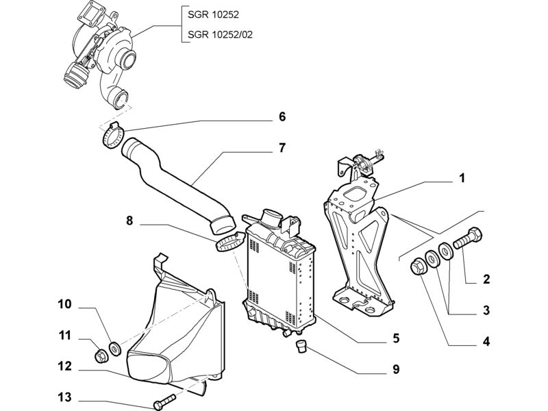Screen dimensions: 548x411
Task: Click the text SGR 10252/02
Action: coord(220,35)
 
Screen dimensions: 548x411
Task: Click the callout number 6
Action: coord(282,116)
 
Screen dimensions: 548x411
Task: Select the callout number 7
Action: coord(282,148)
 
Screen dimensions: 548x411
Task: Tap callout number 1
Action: coord(462,178)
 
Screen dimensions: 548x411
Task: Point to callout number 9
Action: coord(396,369)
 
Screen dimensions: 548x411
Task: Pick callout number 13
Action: coord(64,397)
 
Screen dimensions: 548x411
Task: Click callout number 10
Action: coord(64,304)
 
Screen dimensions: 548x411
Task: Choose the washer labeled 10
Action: coord(115,349)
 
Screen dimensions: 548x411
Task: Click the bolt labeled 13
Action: coord(164,401)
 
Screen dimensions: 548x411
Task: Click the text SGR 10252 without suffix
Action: coord(213,14)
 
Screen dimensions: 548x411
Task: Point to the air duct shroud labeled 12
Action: coord(175,332)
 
